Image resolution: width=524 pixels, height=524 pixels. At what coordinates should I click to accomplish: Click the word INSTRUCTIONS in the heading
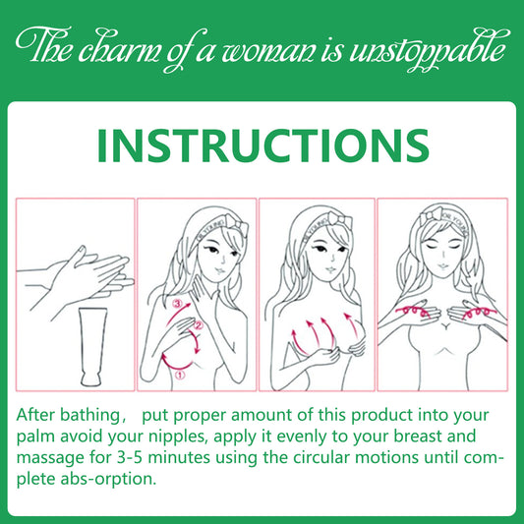point(263,146)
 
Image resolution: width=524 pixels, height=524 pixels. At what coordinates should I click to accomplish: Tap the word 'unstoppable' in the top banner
point(430,50)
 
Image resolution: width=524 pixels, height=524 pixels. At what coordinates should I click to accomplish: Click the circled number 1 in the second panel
point(180,375)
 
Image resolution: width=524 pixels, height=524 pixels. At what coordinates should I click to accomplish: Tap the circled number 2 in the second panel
point(198,325)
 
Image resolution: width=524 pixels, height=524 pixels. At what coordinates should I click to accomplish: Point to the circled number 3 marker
point(177,304)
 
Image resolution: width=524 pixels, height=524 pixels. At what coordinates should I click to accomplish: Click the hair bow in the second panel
point(237,223)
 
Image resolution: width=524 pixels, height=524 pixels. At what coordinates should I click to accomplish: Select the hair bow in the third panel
point(340,220)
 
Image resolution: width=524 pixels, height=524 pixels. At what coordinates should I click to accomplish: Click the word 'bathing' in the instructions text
point(89,416)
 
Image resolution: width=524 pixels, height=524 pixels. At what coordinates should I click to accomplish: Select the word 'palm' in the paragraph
point(35,437)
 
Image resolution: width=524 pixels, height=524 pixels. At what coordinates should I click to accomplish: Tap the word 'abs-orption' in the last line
point(107,479)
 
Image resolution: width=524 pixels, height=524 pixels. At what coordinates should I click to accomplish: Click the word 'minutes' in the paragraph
point(179,457)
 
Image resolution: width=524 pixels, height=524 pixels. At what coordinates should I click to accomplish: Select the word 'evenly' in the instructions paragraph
point(300,437)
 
